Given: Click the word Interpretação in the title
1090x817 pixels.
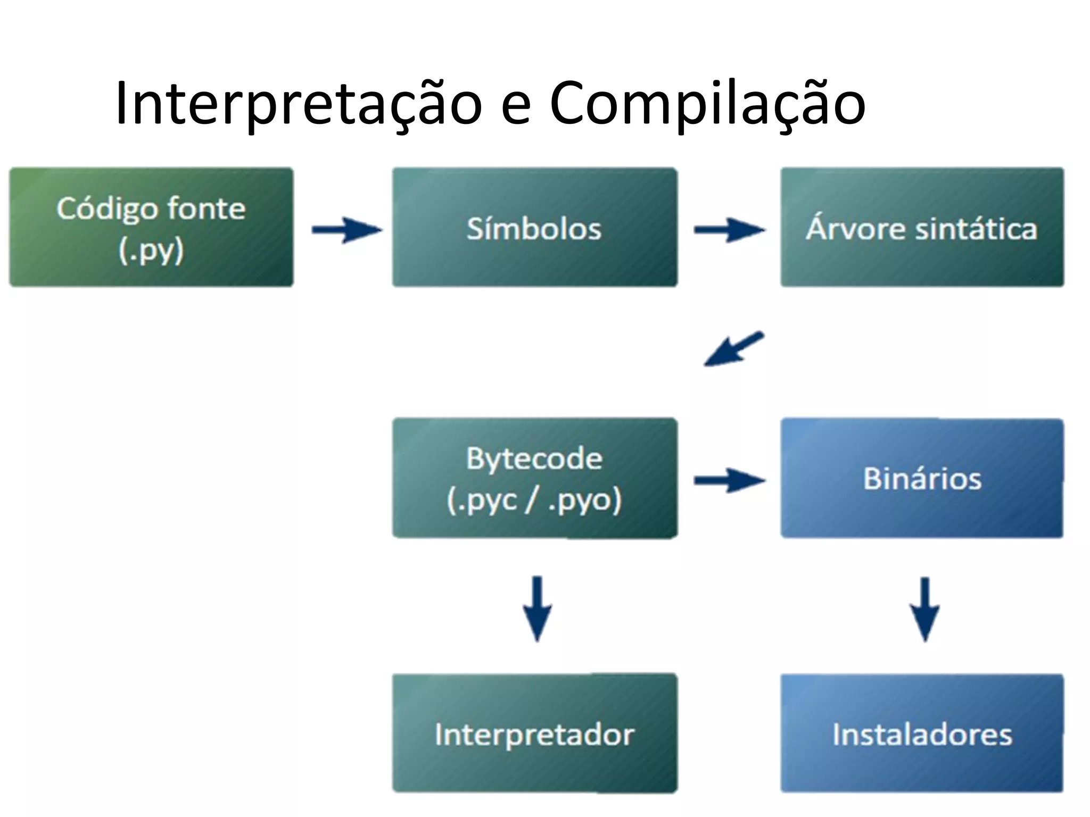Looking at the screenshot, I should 299,104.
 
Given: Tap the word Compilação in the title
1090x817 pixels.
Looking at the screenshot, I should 707,104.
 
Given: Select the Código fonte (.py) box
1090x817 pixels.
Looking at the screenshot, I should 151,228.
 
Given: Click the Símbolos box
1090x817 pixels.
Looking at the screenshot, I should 535,228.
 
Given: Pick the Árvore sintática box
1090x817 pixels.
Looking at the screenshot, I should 922,228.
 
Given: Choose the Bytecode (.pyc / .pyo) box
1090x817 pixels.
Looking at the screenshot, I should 535,478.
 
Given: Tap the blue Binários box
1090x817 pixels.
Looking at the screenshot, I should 922,478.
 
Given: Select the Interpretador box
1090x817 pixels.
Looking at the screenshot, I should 535,733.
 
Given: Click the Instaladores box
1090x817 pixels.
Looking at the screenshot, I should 922,733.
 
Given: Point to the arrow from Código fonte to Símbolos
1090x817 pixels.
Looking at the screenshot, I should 346,230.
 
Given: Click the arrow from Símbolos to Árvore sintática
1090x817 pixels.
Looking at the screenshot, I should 729,230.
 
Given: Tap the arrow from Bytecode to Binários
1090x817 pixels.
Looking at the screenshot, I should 729,480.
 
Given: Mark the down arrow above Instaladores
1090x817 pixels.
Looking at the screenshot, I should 924,609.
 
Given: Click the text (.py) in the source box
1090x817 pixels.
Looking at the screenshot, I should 151,250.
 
